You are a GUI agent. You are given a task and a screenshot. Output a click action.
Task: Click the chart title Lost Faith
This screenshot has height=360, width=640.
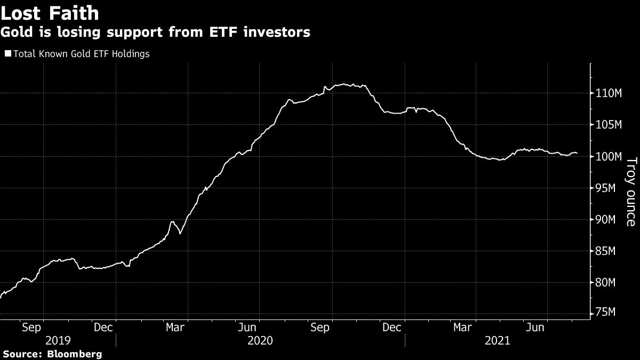pyautogui.click(x=50, y=12)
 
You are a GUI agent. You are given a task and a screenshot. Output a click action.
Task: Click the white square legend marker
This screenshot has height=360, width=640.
pyautogui.click(x=7, y=54)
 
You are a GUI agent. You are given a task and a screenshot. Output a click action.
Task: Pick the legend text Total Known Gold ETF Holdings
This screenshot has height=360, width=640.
pyautogui.click(x=81, y=54)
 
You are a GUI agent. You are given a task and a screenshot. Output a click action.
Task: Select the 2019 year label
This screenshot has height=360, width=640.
pyautogui.click(x=58, y=341)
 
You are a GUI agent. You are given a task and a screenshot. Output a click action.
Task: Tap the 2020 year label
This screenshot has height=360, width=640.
pyautogui.click(x=259, y=341)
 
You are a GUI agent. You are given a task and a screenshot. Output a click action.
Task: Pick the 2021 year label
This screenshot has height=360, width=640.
pyautogui.click(x=497, y=341)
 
